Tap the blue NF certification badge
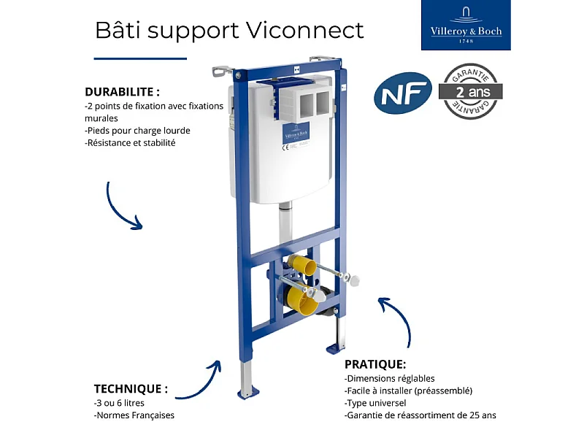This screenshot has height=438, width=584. click(402, 93)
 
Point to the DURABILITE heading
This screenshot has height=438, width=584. click(122, 92)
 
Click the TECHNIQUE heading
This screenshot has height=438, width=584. click(131, 388)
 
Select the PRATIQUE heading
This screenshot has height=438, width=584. click(375, 364)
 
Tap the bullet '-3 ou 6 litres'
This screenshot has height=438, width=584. click(120, 402)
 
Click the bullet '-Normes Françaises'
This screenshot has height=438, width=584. click(134, 415)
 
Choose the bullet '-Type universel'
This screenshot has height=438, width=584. click(375, 402)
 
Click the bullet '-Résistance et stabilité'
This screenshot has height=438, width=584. click(130, 143)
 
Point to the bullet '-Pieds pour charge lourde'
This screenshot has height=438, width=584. click(137, 131)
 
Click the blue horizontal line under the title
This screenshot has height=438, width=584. click(140, 58)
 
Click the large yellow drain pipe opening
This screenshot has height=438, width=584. click(301, 299)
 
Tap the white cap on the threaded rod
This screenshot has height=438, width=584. click(356, 280)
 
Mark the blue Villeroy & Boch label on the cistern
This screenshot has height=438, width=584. click(296, 135)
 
